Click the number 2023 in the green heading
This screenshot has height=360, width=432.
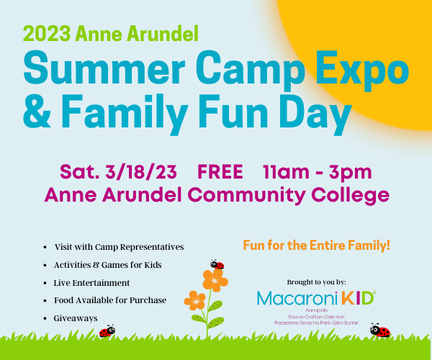click(x=47, y=34)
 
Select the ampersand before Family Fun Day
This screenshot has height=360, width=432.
click(x=37, y=112)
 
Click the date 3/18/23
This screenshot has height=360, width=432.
click(x=141, y=172)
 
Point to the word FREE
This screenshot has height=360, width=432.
click(x=220, y=172)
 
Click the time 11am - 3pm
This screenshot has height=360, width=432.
click(x=318, y=173)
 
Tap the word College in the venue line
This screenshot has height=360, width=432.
click(x=350, y=196)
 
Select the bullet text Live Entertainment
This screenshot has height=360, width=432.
click(x=91, y=283)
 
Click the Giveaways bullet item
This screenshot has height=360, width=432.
click(x=76, y=318)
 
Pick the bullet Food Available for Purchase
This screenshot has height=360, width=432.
click(x=110, y=300)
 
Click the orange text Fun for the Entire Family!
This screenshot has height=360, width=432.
click(x=317, y=245)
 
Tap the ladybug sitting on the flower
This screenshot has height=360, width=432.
click(x=217, y=264)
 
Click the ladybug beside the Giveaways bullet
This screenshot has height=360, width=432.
click(x=107, y=330)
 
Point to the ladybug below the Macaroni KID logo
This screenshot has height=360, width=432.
click(x=380, y=330)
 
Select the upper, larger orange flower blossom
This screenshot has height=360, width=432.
click(x=215, y=280)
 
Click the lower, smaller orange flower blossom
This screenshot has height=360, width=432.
click(x=195, y=301)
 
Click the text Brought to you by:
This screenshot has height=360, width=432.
click(x=317, y=282)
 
